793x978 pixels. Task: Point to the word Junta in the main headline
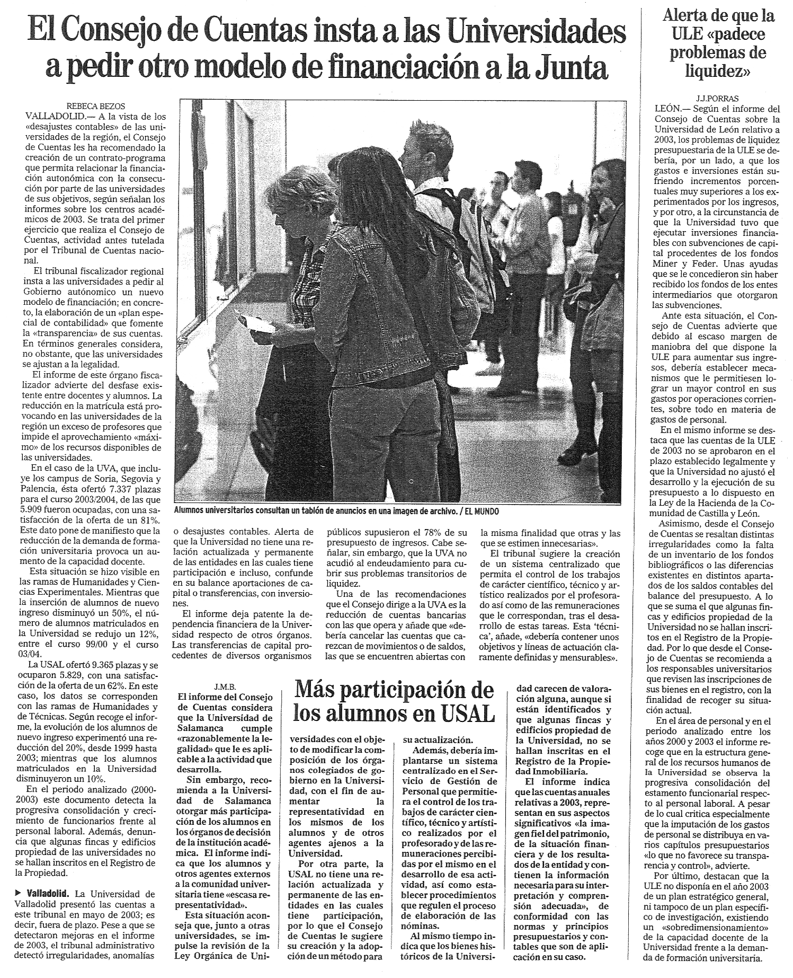pos(574,68)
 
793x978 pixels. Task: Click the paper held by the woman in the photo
pos(256,321)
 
